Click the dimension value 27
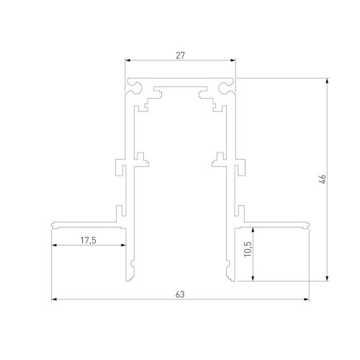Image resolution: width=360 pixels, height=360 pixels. pos(180,53)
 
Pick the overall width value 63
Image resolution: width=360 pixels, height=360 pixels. pos(180,293)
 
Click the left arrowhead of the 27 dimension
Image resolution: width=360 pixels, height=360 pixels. pos(127,61)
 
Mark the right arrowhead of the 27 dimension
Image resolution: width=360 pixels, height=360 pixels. pos(234,61)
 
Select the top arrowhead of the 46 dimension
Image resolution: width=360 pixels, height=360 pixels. pos(329,80)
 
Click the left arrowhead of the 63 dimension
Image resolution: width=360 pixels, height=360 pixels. pos(54,299)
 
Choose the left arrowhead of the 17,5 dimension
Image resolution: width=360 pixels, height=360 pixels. pos(54,245)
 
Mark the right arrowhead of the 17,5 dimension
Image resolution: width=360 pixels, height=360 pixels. pos(123,245)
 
